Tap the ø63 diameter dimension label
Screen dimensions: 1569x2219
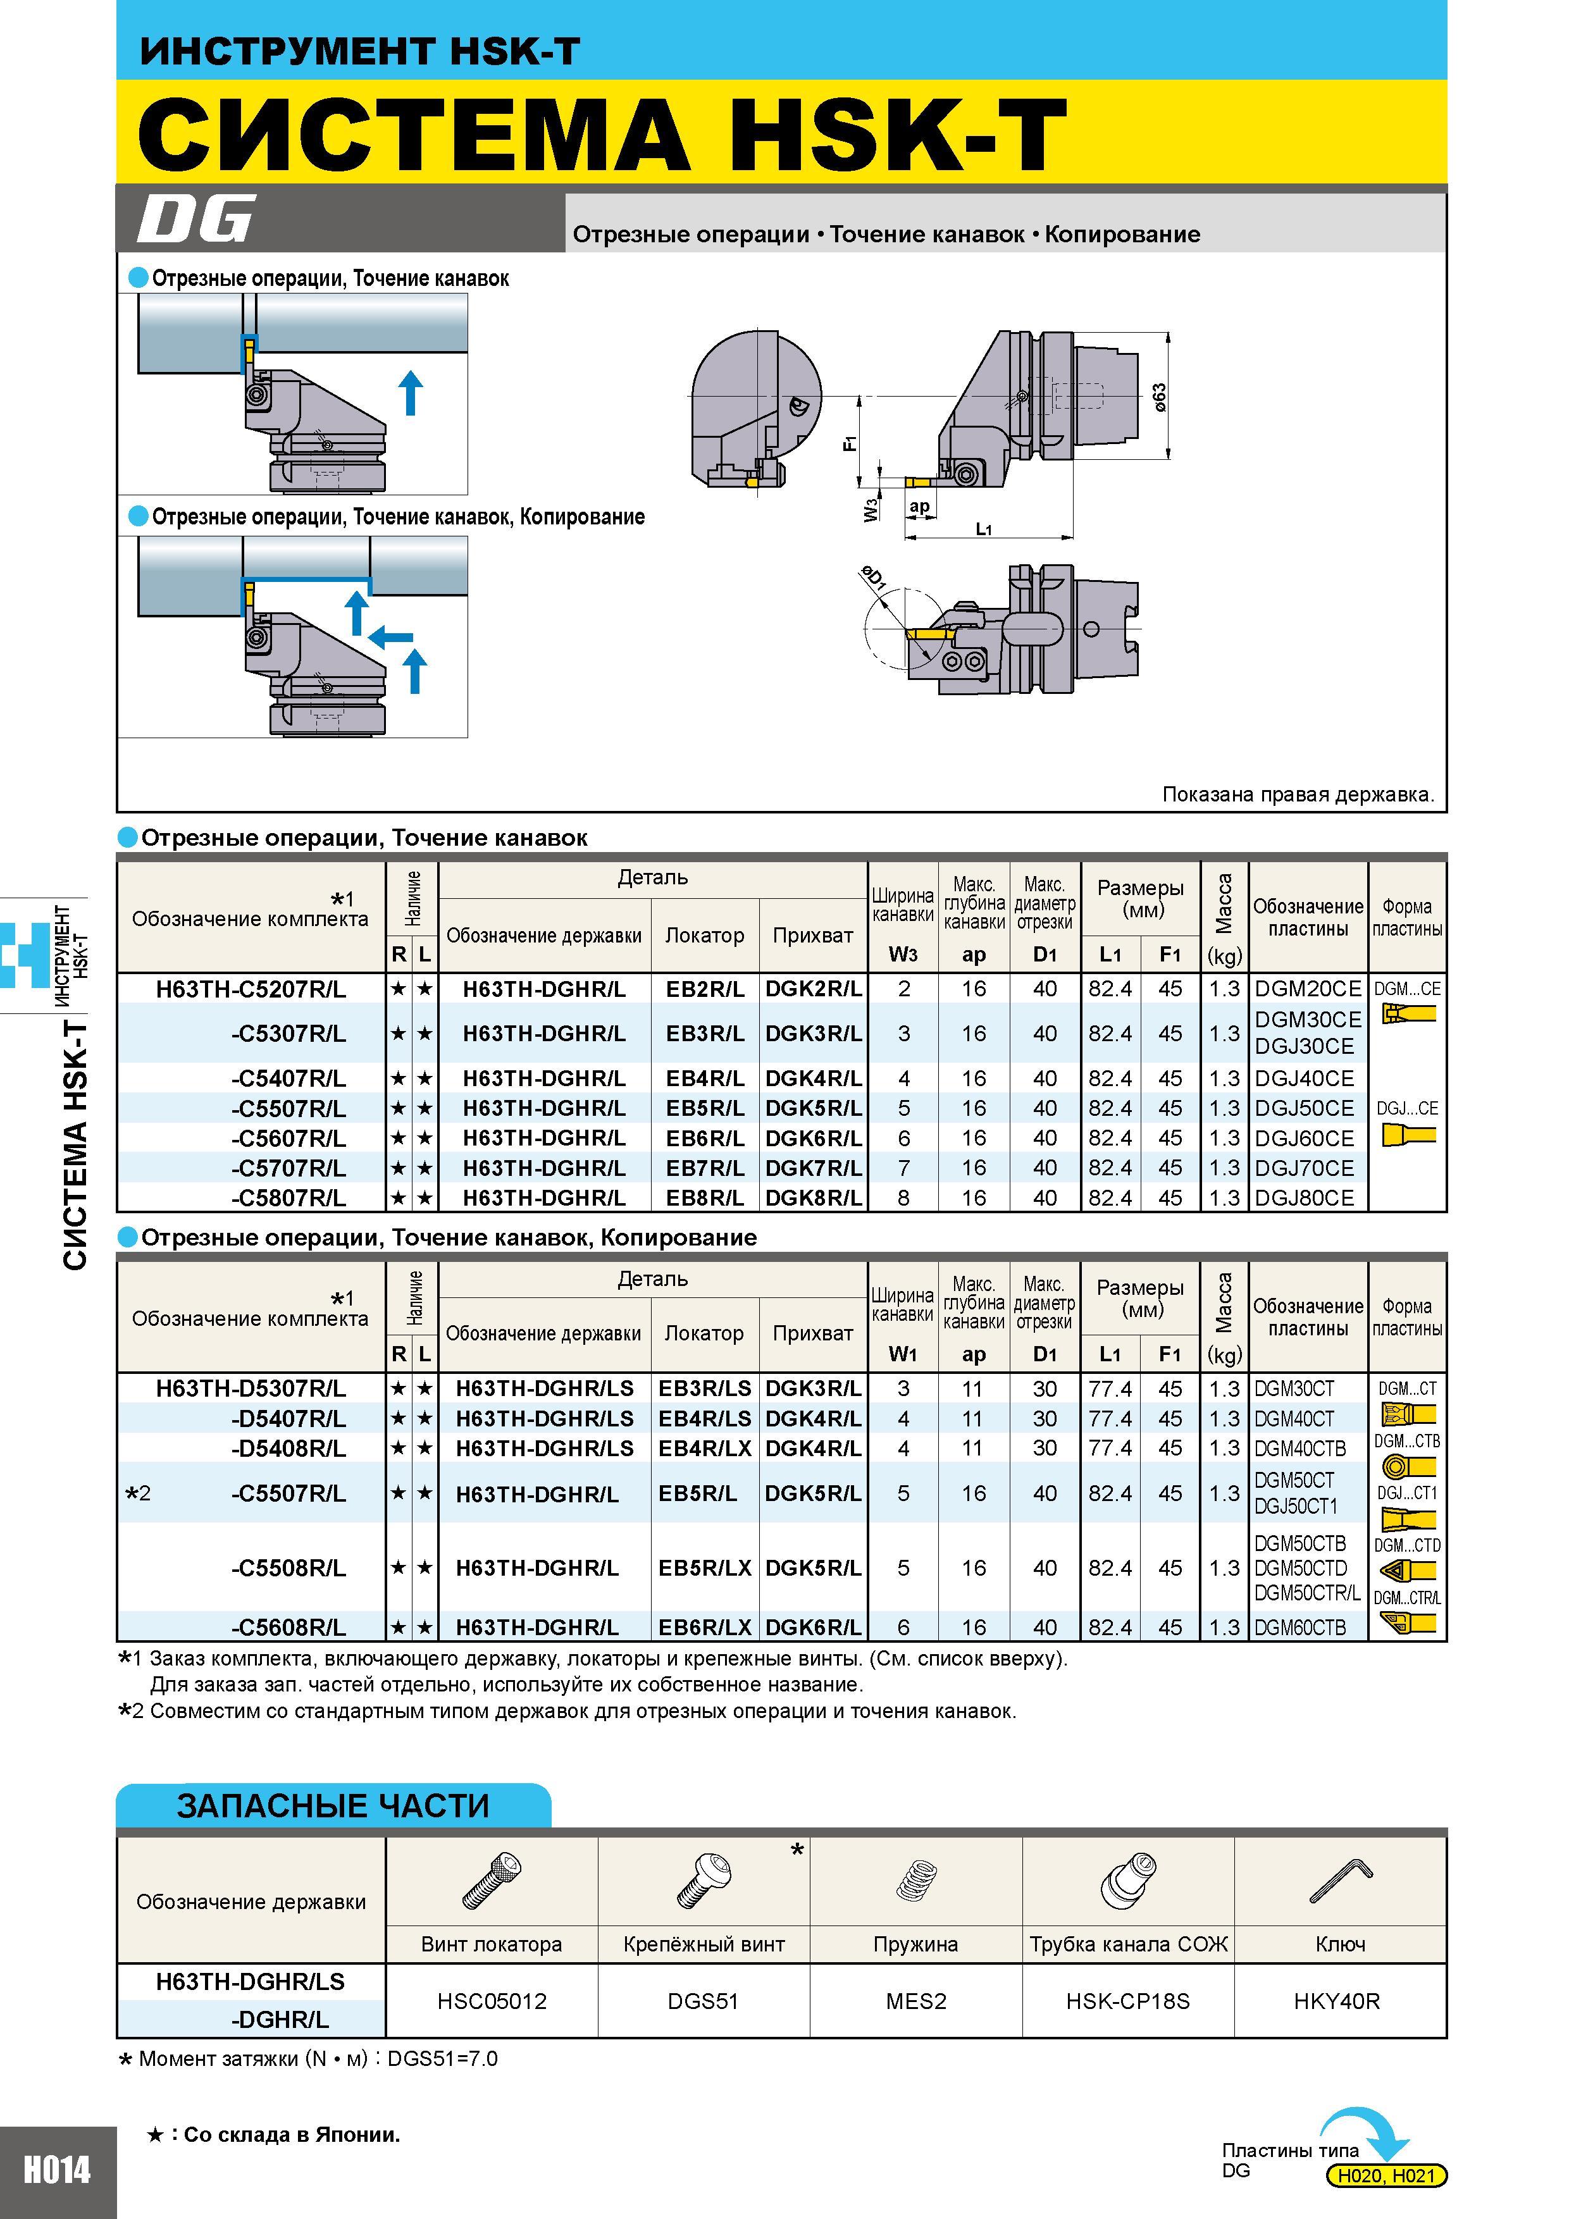(x=1159, y=397)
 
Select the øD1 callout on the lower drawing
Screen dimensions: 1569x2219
(x=874, y=578)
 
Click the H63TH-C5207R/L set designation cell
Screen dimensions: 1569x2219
(x=251, y=989)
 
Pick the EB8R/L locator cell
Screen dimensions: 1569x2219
(x=705, y=1197)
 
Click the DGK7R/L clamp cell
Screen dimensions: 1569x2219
(x=813, y=1168)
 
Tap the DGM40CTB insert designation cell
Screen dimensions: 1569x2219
(x=1300, y=1448)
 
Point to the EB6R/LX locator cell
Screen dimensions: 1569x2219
(x=705, y=1626)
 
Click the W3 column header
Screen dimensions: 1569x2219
(x=903, y=955)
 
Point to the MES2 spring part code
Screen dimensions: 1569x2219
(x=915, y=2001)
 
